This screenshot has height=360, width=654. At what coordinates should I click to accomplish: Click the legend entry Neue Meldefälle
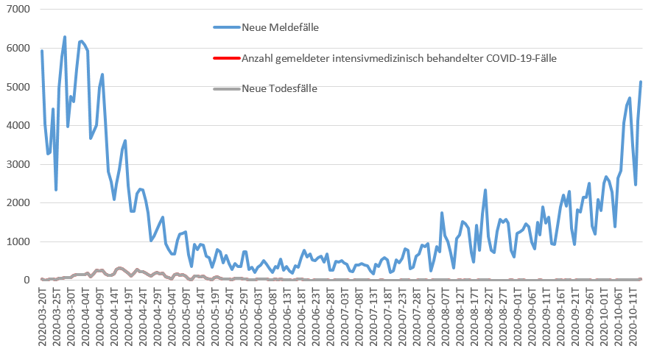coord(279,27)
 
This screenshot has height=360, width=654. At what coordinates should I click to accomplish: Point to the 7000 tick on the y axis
coord(17,10)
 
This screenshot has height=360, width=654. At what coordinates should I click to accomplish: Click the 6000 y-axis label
coord(17,49)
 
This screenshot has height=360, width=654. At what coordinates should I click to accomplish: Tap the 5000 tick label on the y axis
coord(17,87)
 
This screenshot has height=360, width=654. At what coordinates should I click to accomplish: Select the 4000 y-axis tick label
coord(17,126)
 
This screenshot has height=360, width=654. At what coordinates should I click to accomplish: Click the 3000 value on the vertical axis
coord(17,164)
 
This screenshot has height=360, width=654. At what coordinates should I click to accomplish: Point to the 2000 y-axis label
coord(17,202)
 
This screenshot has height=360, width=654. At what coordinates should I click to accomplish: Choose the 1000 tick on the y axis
coord(17,241)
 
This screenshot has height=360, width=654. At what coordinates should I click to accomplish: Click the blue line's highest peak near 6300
coord(65,37)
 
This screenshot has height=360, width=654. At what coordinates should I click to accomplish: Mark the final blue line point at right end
coord(641,82)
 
